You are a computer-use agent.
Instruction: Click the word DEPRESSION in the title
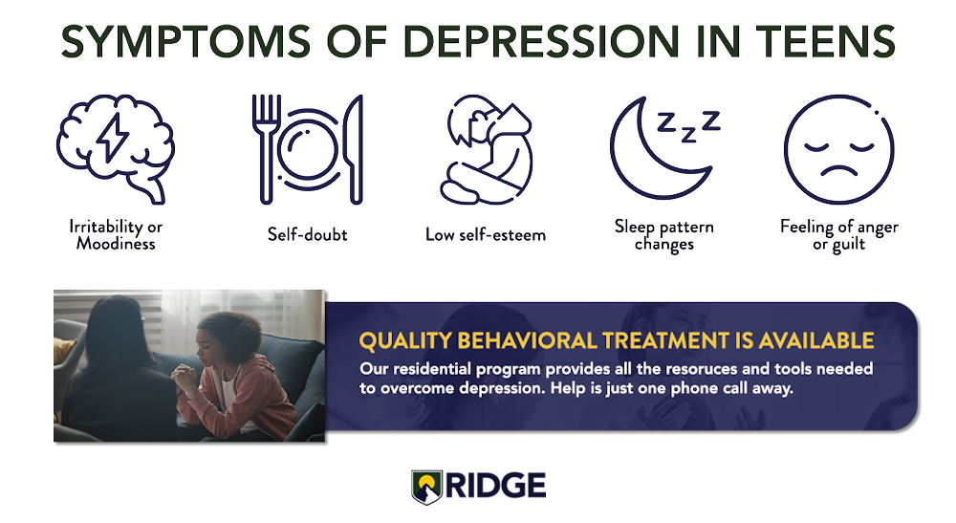point(540,41)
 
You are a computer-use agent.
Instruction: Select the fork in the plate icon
point(267,149)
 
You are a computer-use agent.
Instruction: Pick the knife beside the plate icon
point(354,149)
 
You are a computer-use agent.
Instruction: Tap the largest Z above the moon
point(711,120)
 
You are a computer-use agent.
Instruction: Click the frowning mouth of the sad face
point(838,169)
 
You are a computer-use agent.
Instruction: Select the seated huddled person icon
point(486,149)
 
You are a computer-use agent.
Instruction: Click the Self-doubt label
point(307,234)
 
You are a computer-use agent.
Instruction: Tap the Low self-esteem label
point(486,234)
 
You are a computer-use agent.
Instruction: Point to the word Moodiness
point(116,244)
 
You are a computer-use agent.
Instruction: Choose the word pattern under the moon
point(685,228)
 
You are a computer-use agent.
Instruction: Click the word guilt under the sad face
point(848,245)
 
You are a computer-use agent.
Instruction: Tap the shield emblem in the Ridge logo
point(426,487)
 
